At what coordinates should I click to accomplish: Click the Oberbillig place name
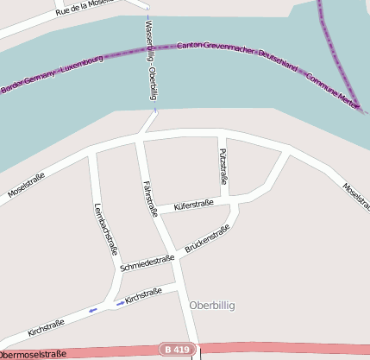211,306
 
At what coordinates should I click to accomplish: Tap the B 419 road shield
175,349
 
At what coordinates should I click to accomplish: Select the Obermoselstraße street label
33,354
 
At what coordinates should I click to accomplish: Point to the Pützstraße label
223,167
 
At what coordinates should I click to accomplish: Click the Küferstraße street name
194,205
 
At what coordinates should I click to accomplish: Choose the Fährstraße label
149,198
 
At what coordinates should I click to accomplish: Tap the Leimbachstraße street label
104,228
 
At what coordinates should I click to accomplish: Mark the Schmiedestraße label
148,262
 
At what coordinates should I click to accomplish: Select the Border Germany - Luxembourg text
52,74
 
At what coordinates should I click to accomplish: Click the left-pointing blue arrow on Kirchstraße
91,310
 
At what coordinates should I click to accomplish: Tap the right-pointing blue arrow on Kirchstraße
120,302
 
